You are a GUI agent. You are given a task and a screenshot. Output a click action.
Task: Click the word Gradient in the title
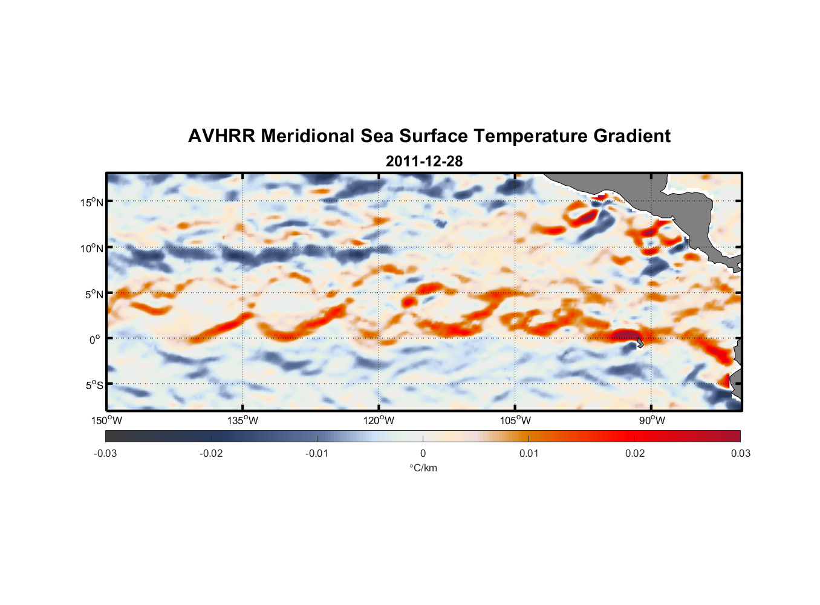pos(632,136)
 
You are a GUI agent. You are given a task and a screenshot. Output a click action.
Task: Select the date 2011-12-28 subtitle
pos(424,161)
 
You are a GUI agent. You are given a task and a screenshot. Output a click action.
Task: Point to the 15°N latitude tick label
pos(92,202)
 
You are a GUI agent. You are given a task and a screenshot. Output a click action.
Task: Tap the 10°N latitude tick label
pos(92,248)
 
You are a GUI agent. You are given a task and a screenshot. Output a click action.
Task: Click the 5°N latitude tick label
pos(94,294)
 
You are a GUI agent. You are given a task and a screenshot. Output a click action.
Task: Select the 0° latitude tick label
pos(96,339)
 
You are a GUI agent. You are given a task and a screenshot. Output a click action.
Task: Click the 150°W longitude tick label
pos(106,420)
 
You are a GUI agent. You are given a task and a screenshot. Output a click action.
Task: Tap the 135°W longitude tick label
pos(242,420)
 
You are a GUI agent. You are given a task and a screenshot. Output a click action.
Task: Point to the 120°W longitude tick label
pos(379,420)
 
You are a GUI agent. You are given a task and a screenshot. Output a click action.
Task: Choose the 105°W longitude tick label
pos(515,420)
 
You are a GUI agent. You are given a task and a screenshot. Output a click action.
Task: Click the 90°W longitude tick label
pos(651,420)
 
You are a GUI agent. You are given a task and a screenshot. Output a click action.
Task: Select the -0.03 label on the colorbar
pos(105,453)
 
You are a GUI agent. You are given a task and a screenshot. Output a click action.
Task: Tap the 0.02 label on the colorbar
pos(635,453)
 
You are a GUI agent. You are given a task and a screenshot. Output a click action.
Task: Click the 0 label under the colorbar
pos(423,453)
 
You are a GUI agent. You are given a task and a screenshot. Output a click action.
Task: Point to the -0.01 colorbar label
pos(317,453)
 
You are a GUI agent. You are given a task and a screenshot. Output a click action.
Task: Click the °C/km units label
pos(423,468)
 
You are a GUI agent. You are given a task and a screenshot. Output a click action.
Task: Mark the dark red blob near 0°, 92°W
pos(625,336)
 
